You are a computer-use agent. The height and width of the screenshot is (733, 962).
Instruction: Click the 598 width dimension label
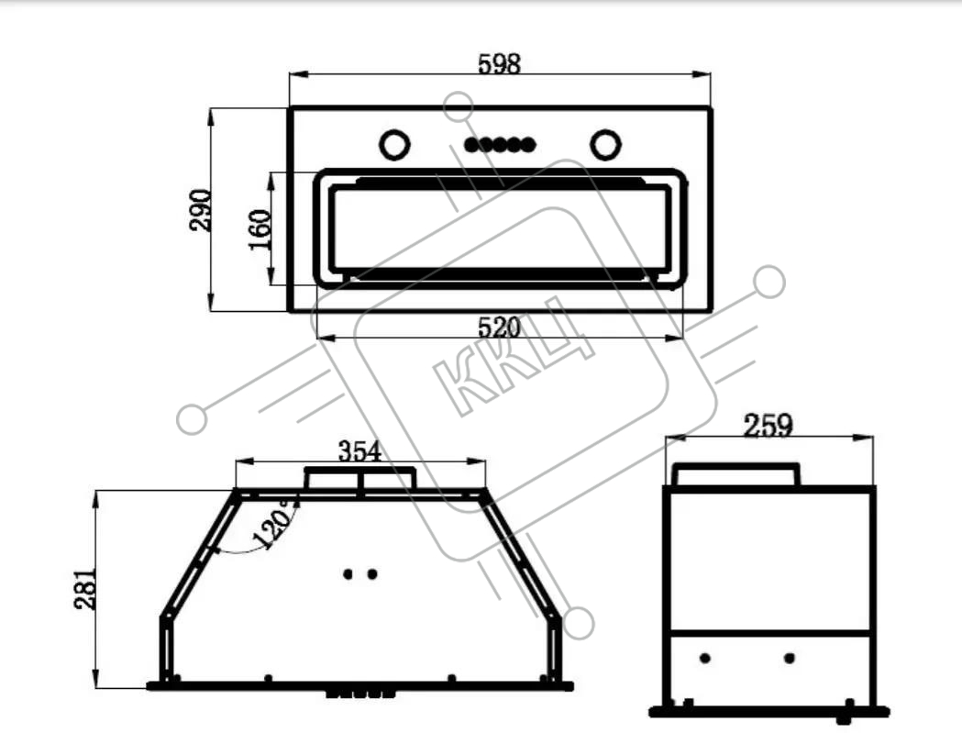click(500, 64)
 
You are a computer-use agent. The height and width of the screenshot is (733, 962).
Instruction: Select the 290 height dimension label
click(200, 210)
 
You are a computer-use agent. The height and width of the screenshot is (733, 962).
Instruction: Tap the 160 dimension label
click(260, 229)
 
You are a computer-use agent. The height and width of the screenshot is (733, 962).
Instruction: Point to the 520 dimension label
click(499, 328)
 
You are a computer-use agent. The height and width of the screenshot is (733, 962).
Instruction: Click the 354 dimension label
click(360, 452)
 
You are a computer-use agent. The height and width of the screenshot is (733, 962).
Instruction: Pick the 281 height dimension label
click(85, 589)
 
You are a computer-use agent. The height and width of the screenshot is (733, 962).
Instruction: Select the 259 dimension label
click(768, 425)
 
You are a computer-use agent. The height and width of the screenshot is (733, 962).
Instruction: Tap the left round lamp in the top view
click(394, 146)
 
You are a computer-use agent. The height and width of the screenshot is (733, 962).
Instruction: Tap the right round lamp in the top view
click(605, 145)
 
